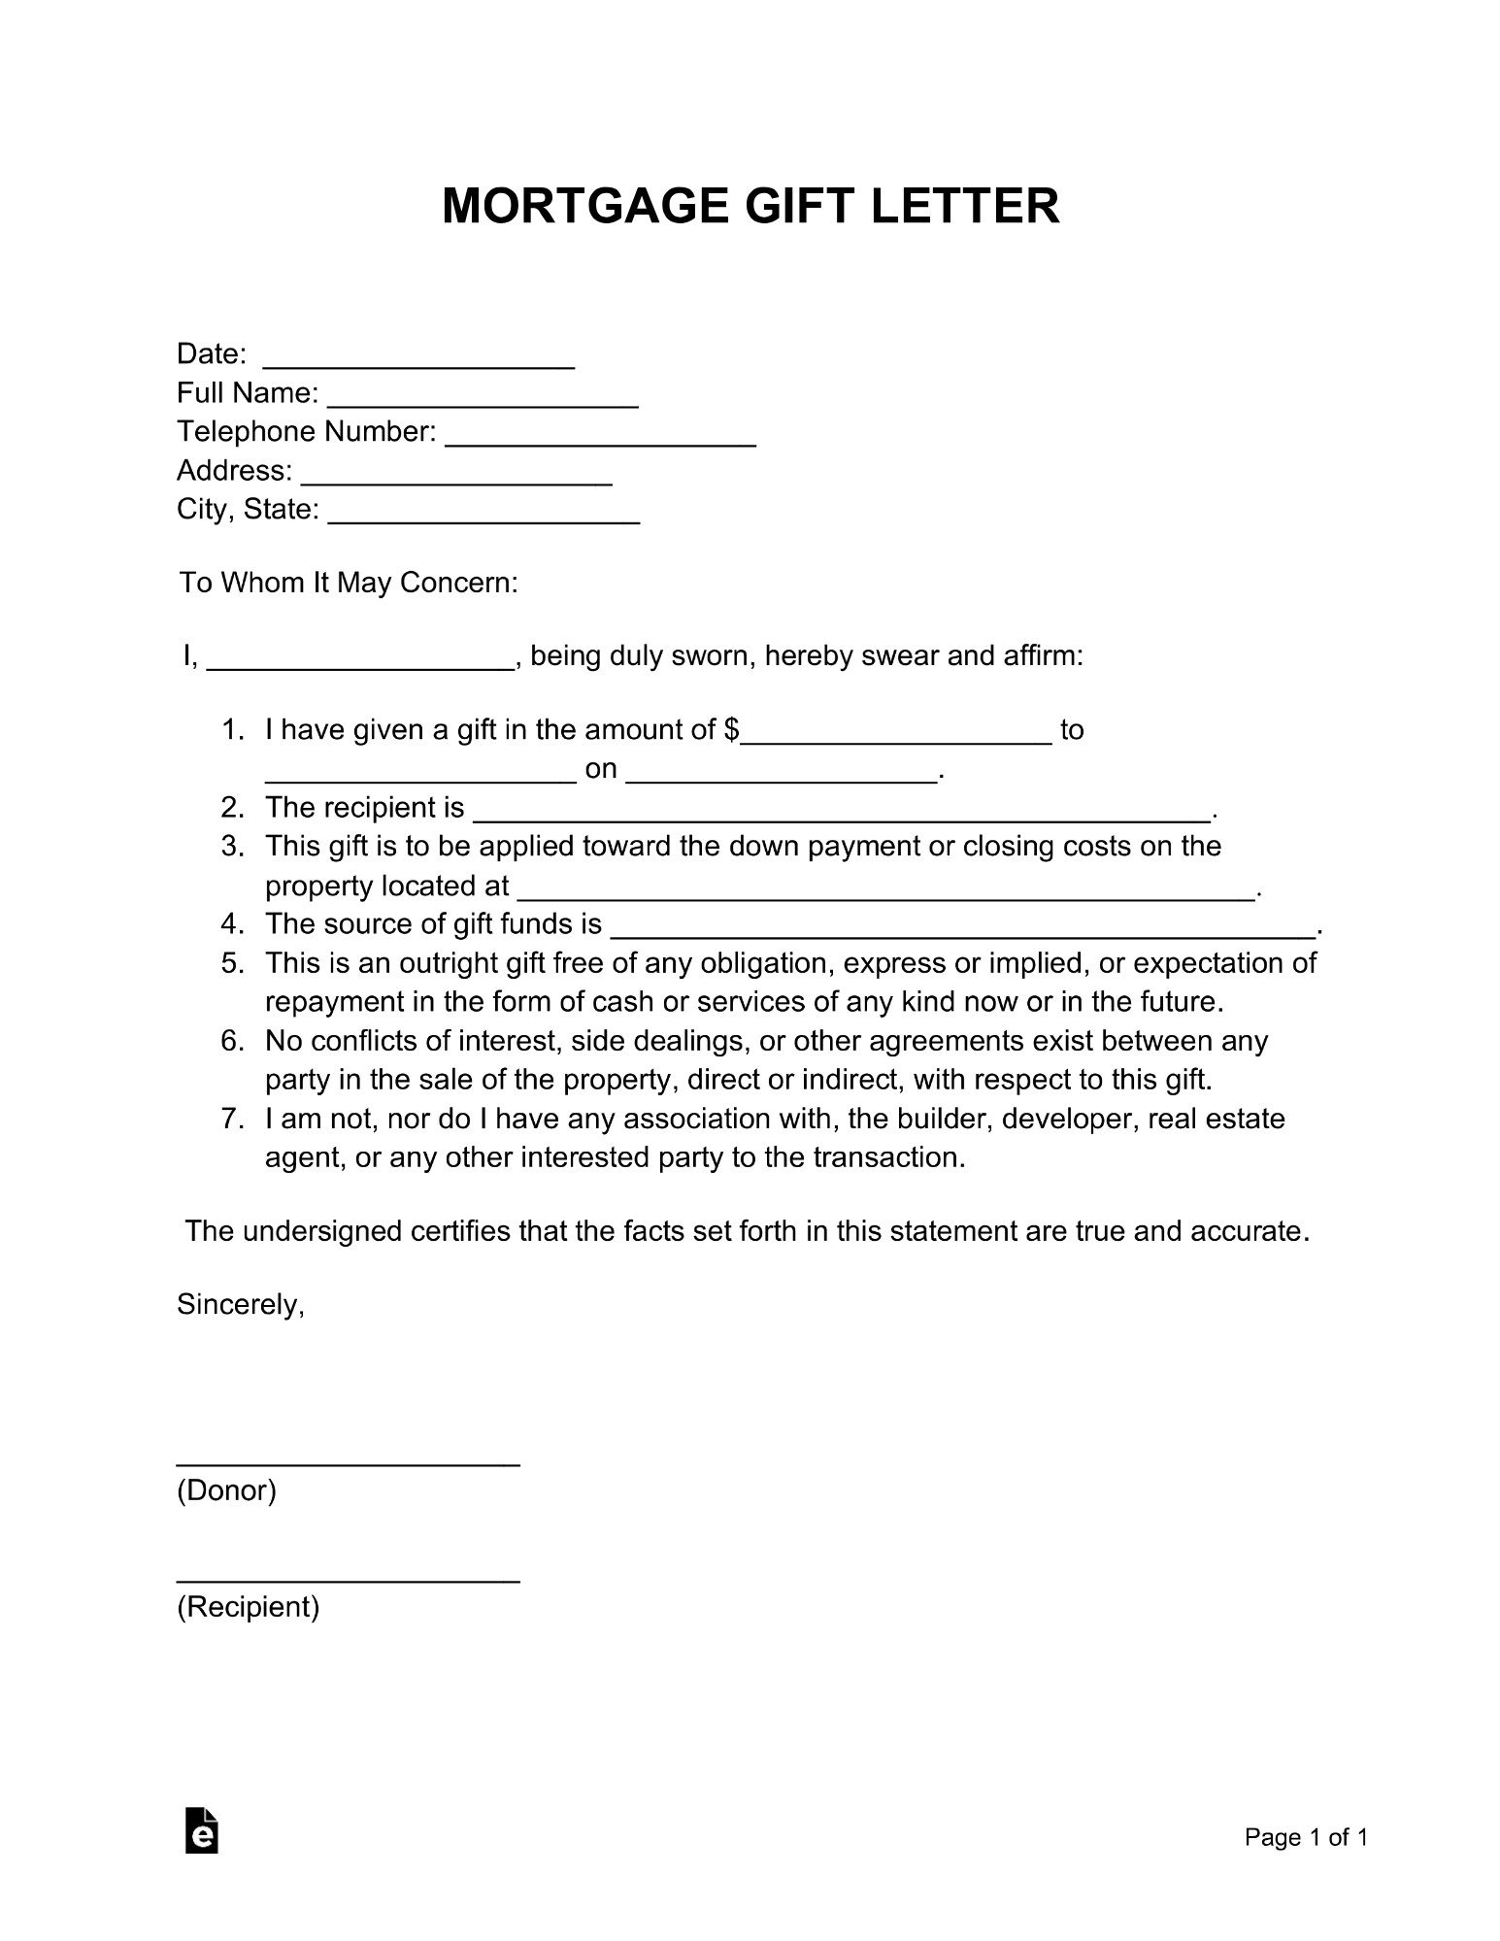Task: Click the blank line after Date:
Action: click(418, 359)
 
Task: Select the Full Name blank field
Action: click(483, 398)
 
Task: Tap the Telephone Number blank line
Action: click(600, 437)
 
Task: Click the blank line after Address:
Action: click(456, 476)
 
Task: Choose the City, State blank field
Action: click(483, 515)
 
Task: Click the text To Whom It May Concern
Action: click(349, 583)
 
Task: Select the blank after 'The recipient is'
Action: click(842, 814)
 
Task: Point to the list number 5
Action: click(231, 963)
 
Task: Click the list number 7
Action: click(231, 1119)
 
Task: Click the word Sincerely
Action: click(241, 1305)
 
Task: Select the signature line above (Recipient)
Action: click(348, 1579)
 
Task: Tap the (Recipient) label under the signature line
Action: click(249, 1607)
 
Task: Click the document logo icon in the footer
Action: click(201, 1831)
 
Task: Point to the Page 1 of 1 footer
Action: click(1306, 1837)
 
